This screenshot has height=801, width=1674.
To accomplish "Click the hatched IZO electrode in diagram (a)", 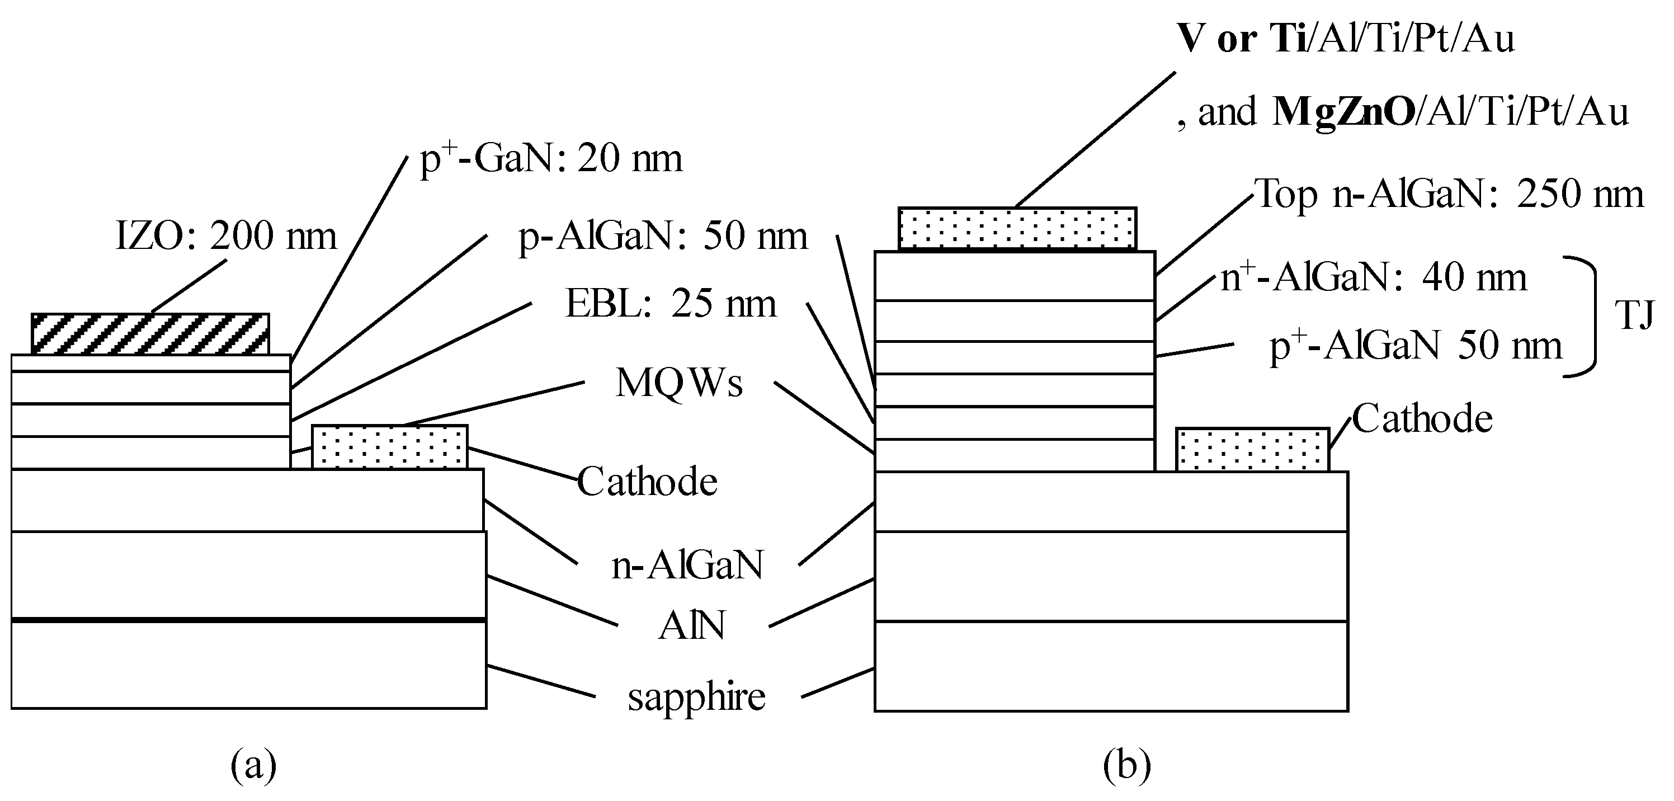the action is [150, 333].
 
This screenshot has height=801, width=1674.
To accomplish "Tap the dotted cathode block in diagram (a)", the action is [390, 447].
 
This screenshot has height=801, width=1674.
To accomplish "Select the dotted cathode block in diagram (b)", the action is [1253, 449].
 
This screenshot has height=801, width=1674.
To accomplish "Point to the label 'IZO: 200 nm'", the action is [226, 235].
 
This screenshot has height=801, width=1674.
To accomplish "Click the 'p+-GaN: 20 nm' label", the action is [551, 158].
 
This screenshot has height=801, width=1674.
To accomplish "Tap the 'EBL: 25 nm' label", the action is [671, 304].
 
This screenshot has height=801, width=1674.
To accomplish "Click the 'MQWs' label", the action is [679, 382].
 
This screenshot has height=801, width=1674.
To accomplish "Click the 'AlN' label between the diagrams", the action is [691, 626].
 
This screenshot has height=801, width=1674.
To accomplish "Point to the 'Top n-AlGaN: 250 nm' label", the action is [1450, 194].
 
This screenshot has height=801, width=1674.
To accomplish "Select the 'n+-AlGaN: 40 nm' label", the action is [1373, 276].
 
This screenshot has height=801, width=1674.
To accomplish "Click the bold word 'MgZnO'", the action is [1344, 112].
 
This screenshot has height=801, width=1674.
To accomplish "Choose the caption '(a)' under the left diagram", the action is [253, 765].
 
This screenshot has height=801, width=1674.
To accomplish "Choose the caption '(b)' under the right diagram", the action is [1127, 765].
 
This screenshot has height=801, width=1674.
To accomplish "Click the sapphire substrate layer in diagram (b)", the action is [1111, 666].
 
